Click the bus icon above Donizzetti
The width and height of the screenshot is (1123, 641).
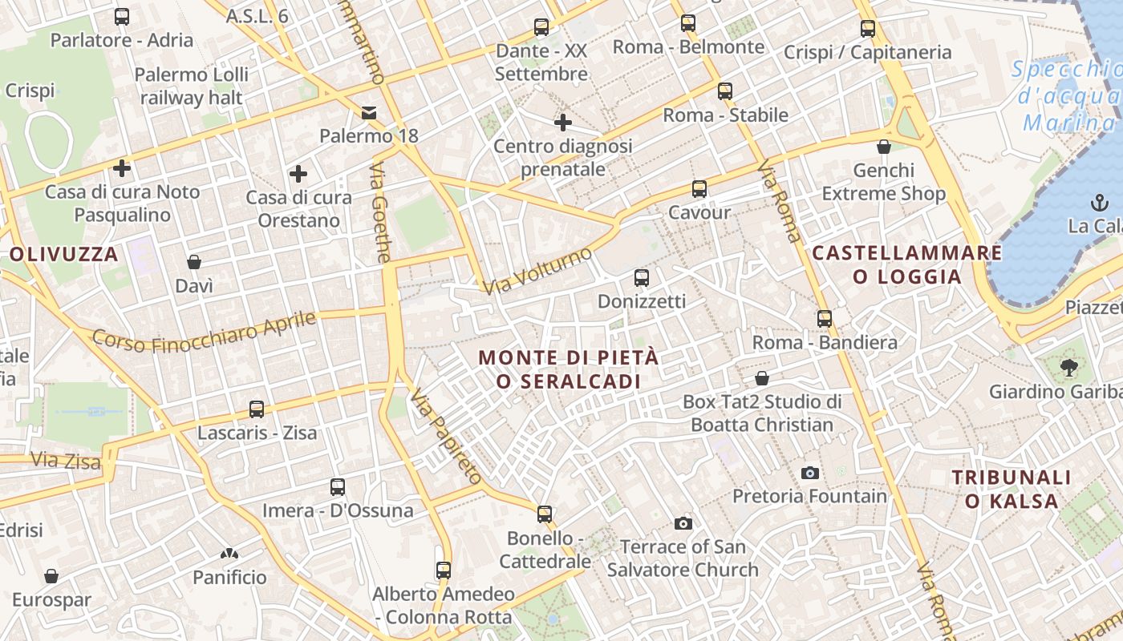pos(642,278)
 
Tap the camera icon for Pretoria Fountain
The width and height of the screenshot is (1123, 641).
pos(810,473)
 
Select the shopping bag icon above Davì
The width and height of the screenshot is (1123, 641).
pos(194,262)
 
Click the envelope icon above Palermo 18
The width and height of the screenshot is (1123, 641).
pos(369,113)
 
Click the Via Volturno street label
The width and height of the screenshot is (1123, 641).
pos(538,270)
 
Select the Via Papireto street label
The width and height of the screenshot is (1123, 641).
pos(446,437)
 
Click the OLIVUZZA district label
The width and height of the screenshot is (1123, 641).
pos(64,255)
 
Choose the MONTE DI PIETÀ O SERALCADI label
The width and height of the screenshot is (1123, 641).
pos(569,369)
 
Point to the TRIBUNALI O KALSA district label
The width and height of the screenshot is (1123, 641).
pos(1012,490)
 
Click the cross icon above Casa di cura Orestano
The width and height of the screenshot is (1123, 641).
pos(298,174)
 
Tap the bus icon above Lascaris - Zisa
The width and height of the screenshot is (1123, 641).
pos(257,409)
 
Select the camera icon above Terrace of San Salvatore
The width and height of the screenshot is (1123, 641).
pos(683,523)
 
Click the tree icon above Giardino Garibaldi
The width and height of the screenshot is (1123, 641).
pos(1068,369)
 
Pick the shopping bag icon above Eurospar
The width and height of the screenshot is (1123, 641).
pos(51,576)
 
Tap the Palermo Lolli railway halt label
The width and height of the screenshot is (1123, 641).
pos(192,87)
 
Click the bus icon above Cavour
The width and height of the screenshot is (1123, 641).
pos(699,189)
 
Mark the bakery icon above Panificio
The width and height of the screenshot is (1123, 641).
pos(229,554)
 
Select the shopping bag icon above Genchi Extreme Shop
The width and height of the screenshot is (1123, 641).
pos(884,147)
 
